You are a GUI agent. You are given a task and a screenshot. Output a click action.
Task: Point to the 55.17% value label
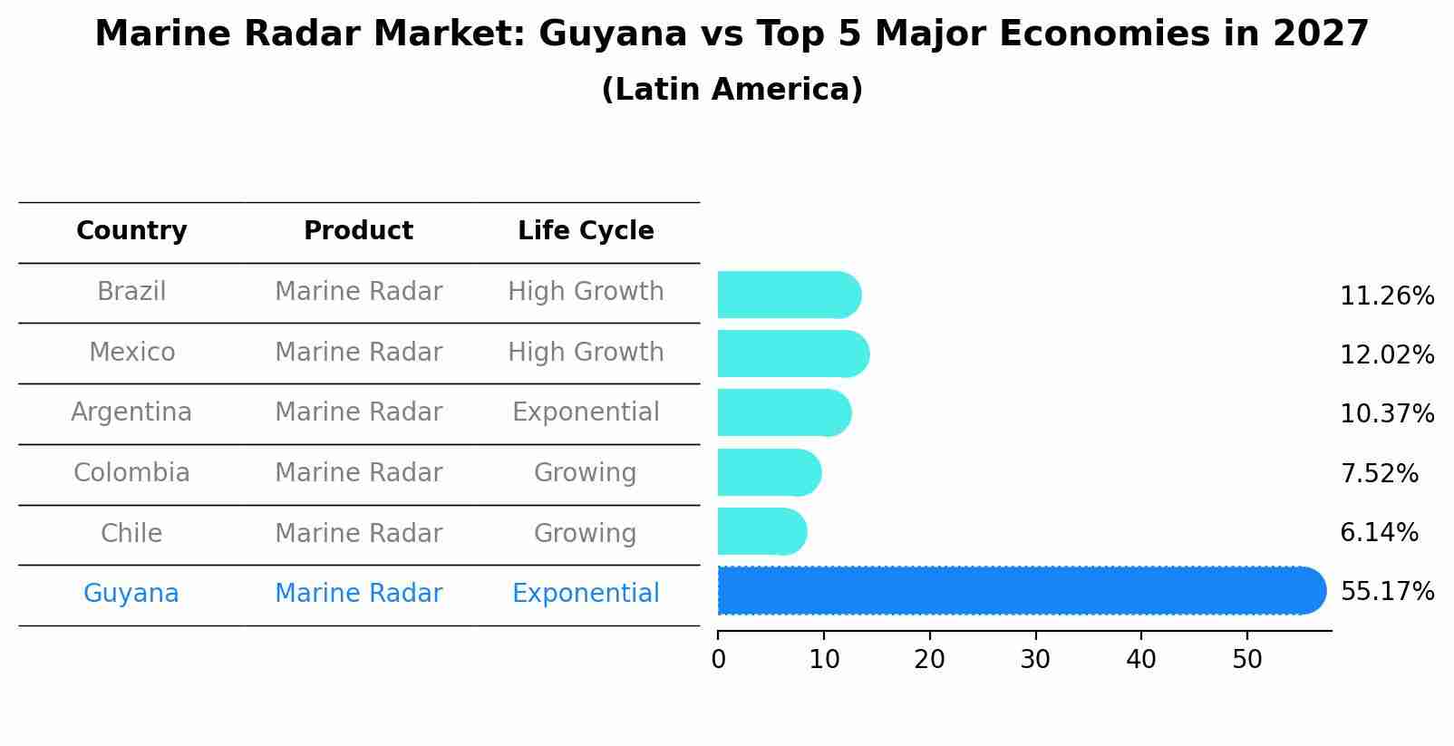tap(1387, 592)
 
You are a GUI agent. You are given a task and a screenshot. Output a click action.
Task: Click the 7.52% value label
tap(1379, 473)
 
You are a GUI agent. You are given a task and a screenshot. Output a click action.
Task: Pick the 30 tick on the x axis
tap(1035, 660)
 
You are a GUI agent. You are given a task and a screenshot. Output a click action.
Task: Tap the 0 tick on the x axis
tap(719, 660)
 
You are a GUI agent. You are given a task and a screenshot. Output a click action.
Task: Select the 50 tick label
tap(1247, 660)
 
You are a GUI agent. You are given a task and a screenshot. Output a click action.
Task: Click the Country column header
tap(131, 231)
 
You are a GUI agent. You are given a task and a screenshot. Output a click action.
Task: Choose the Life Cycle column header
tap(586, 231)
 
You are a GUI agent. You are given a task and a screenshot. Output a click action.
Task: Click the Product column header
tap(358, 231)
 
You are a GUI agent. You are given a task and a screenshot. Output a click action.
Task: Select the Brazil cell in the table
tap(131, 292)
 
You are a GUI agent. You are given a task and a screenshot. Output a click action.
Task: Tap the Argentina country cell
tap(131, 412)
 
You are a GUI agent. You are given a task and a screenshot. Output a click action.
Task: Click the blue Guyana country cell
tap(131, 594)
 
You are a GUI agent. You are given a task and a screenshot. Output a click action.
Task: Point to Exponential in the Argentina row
tap(586, 412)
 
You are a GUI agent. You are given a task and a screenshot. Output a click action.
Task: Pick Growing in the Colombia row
tap(586, 473)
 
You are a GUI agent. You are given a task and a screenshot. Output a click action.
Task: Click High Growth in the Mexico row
tap(586, 352)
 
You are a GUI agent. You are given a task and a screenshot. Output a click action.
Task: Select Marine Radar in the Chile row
tap(358, 533)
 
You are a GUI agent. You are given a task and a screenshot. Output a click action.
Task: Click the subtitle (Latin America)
tap(732, 90)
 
